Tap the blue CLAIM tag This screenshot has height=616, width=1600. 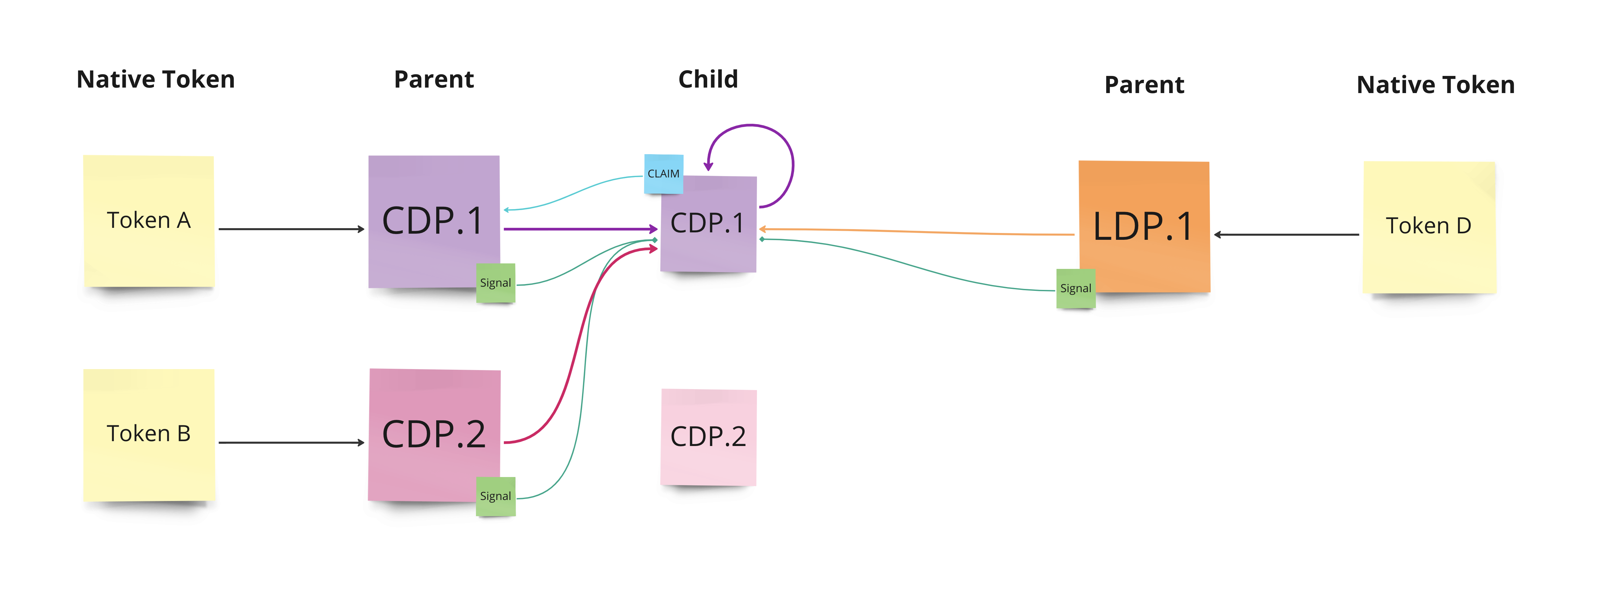[663, 173]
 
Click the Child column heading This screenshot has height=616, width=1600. [708, 80]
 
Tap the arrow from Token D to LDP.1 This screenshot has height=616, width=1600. [1286, 235]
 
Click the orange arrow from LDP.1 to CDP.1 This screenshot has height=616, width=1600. [919, 232]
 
